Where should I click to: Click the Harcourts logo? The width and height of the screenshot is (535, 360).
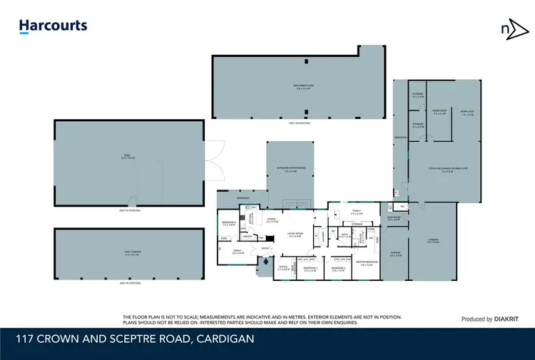(53, 27)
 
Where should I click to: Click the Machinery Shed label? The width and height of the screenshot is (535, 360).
(303, 86)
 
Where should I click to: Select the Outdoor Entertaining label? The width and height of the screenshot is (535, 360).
(290, 169)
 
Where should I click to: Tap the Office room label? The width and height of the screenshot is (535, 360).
(283, 269)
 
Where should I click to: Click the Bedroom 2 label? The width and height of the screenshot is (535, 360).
(338, 269)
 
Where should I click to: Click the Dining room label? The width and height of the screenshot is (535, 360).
(272, 220)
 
